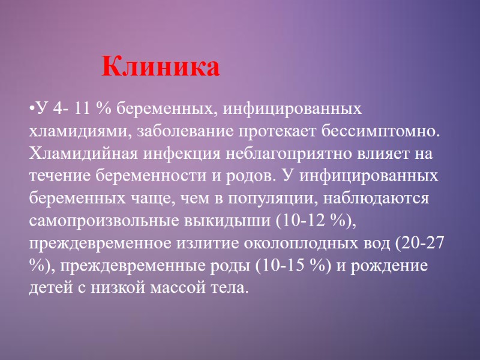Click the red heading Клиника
161,67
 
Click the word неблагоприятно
288,153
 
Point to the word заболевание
190,131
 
